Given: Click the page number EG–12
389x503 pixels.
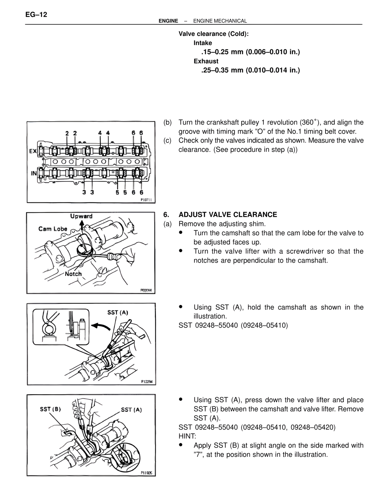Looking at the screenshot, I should pyautogui.click(x=36, y=15).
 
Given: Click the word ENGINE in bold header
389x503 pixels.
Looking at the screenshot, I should pyautogui.click(x=168, y=21).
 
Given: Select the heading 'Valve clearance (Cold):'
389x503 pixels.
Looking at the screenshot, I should pyautogui.click(x=213, y=34).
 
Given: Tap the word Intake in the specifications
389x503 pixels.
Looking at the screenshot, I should pyautogui.click(x=203, y=43).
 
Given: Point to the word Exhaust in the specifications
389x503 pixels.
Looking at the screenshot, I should pyautogui.click(x=206, y=61).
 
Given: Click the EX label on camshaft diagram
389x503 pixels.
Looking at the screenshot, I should pyautogui.click(x=33, y=151).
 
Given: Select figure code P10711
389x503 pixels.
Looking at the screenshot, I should pyautogui.click(x=148, y=200).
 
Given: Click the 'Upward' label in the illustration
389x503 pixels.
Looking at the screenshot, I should pyautogui.click(x=81, y=216).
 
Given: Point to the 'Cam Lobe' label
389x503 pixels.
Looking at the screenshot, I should pyautogui.click(x=53, y=229).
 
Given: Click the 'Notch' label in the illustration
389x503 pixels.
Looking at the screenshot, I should pyautogui.click(x=73, y=274).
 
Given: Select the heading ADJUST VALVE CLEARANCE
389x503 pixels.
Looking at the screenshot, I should pyautogui.click(x=228, y=215).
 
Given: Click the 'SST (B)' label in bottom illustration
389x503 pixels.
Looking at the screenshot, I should pyautogui.click(x=50, y=409).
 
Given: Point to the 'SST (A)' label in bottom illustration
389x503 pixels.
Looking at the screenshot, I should pyautogui.click(x=131, y=409).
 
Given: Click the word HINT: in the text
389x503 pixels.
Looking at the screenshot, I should pyautogui.click(x=187, y=436).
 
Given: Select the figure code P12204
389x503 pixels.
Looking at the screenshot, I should pyautogui.click(x=147, y=382).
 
